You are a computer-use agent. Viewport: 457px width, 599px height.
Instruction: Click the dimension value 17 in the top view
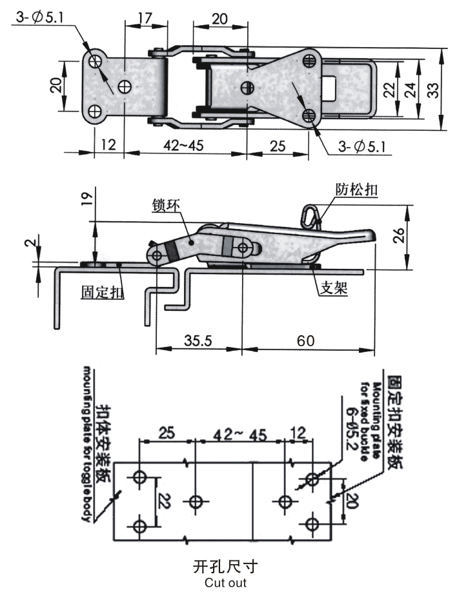click(145, 18)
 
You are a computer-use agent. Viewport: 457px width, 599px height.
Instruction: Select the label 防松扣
click(356, 189)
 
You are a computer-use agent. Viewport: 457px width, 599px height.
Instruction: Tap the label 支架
click(335, 289)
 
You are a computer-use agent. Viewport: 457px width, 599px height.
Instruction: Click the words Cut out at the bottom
click(225, 584)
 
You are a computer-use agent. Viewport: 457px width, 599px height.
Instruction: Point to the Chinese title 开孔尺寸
click(225, 567)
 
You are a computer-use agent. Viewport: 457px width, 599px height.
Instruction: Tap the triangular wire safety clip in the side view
click(311, 216)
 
